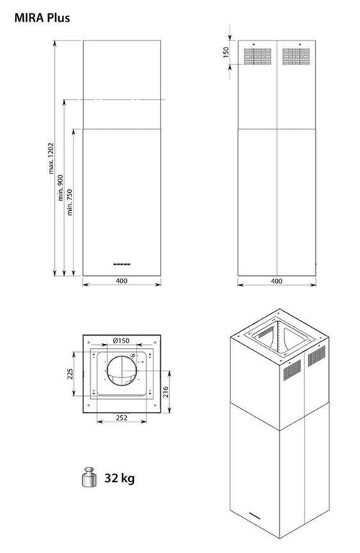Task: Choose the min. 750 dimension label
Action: pyautogui.click(x=73, y=202)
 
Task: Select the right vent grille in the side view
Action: pyautogui.click(x=294, y=55)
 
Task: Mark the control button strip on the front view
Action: pyautogui.click(x=121, y=263)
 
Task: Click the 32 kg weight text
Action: pyautogui.click(x=120, y=477)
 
